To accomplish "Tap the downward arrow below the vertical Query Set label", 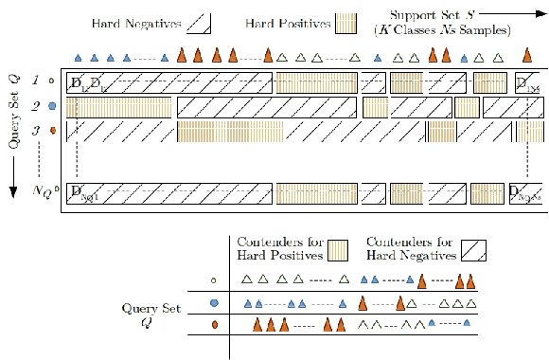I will point(13,189).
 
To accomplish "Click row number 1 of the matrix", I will point(36,82).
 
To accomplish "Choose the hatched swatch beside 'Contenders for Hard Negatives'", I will point(474,250).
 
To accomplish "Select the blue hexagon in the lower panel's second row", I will point(215,303).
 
